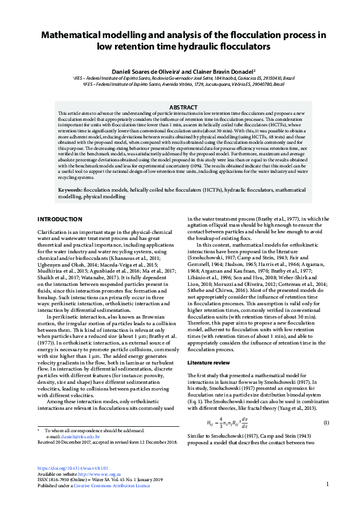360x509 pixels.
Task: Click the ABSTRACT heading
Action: click(x=180, y=107)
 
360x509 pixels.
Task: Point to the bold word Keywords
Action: click(x=62, y=190)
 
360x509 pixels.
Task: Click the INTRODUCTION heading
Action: click(x=60, y=219)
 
